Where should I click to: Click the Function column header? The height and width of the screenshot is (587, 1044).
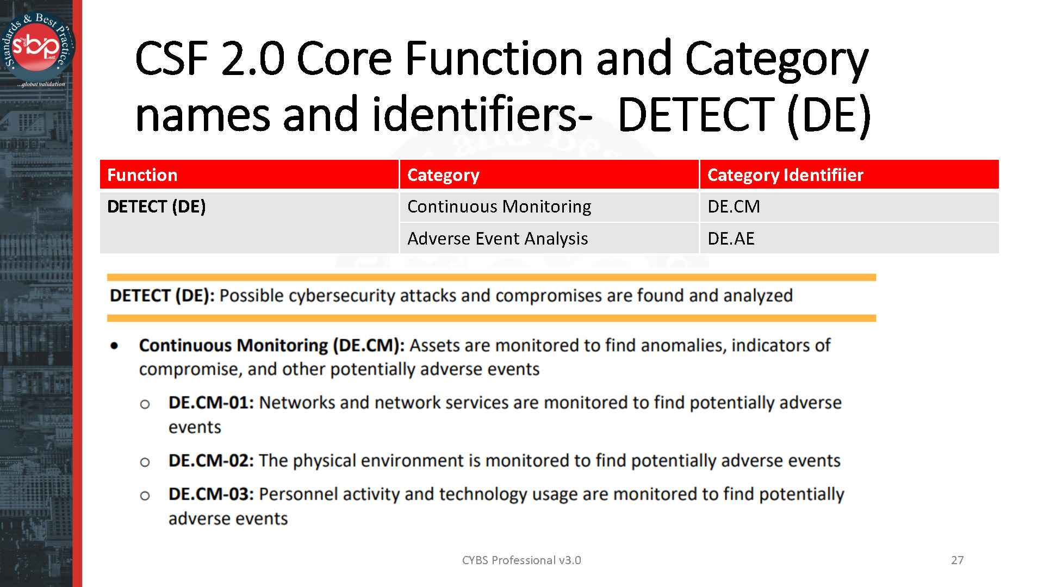coord(142,175)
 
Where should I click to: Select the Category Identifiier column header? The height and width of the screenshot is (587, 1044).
coord(785,175)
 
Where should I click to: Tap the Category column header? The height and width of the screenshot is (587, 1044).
coord(443,175)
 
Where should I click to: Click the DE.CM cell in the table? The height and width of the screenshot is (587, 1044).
coord(734,207)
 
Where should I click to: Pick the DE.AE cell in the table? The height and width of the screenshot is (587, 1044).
coord(731,239)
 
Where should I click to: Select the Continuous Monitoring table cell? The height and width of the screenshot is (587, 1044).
coord(499,207)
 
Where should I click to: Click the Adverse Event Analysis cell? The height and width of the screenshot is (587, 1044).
coord(497,239)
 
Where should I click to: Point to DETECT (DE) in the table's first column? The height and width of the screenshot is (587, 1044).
coord(156,207)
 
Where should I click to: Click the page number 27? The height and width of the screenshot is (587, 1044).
coord(957,560)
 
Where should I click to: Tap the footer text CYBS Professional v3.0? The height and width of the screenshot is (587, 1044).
coord(521,560)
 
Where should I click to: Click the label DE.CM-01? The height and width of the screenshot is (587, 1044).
coord(211,403)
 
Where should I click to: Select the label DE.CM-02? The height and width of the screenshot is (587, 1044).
coord(211,461)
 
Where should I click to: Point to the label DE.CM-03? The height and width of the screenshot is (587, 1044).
coord(211,494)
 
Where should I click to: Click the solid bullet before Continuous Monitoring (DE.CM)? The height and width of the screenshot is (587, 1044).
coord(115,346)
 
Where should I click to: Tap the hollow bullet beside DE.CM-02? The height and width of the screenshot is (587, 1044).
coord(145,463)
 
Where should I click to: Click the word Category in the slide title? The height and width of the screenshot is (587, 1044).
coord(776,59)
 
